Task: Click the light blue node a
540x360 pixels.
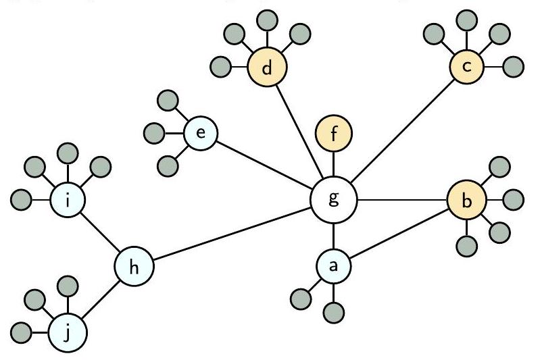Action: (333, 267)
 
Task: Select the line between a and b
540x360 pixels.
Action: (399, 234)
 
